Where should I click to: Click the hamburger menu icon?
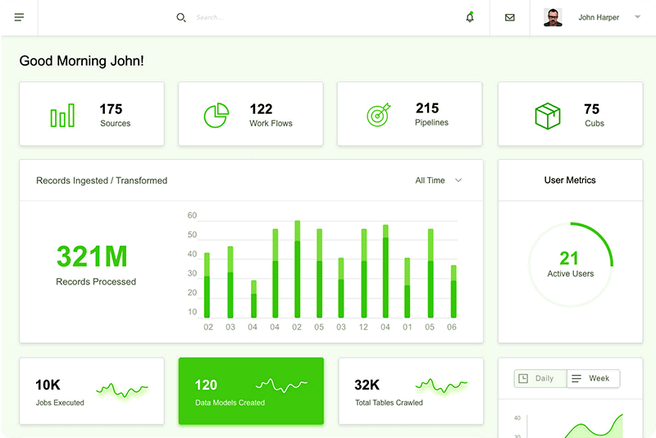pos(19,17)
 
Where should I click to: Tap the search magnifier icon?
pos(181,17)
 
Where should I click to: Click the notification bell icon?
pos(470,17)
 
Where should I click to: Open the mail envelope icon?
pos(510,17)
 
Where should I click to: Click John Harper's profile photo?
pos(553,17)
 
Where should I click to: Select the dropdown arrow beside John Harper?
pos(637,17)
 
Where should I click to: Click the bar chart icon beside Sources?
pos(62,116)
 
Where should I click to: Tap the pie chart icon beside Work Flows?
pos(216,116)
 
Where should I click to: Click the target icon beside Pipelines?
pos(378,116)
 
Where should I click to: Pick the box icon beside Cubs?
pos(547,116)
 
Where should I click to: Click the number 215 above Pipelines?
pos(427,108)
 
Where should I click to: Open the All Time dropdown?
pos(439,180)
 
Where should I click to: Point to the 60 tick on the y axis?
pos(193,216)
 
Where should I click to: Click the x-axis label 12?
pos(363,327)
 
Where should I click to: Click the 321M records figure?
pos(92,257)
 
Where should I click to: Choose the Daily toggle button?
pos(540,379)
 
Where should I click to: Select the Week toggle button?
pos(593,379)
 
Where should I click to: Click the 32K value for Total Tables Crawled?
pos(367,385)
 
